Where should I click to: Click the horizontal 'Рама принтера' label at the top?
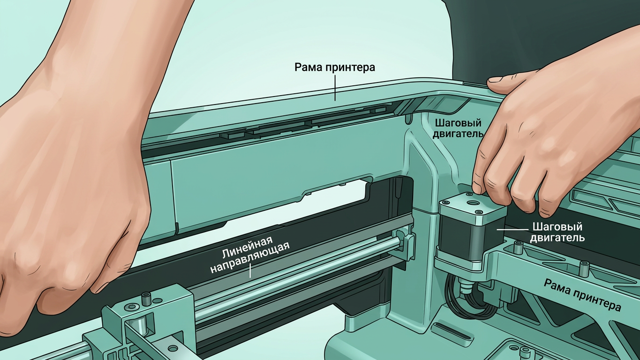(335, 67)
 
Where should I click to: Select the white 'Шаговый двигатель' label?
(557, 232)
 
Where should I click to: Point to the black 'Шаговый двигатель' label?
(458, 128)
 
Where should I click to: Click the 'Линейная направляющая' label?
(250, 255)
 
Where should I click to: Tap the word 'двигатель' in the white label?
(557, 238)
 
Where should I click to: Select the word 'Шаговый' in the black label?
(458, 123)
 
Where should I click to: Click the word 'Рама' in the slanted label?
(556, 286)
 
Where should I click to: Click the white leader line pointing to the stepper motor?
(512, 229)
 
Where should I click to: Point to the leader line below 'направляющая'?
(250, 270)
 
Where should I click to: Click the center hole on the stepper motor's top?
(472, 202)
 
